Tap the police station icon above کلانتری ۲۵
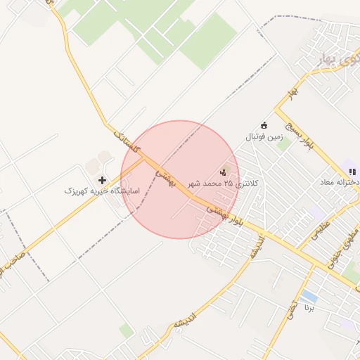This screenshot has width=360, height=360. click(225, 170)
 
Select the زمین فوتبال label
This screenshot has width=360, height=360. click(262, 136)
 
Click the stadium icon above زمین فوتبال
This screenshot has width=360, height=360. click(264, 125)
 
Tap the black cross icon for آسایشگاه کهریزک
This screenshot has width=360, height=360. click(103, 180)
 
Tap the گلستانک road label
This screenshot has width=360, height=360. click(127, 144)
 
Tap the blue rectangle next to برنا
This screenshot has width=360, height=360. click(309, 296)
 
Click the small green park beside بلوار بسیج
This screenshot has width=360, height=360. click(283, 145)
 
